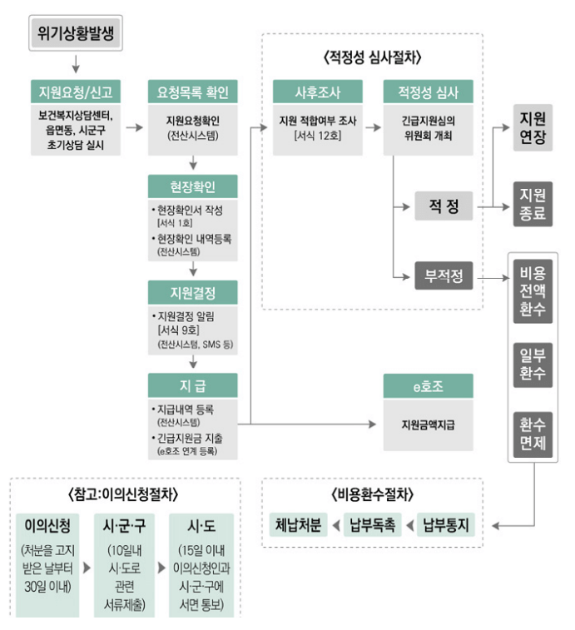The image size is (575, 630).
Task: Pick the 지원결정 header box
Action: tap(192, 292)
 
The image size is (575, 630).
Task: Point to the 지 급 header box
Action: tap(192, 385)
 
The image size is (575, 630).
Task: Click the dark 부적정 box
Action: tap(444, 275)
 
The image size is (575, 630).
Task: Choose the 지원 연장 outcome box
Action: tap(532, 128)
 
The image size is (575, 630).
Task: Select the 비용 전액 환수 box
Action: tap(532, 291)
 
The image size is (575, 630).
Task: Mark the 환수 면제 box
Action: tap(532, 434)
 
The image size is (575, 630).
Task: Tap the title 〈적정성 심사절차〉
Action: tap(372, 58)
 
